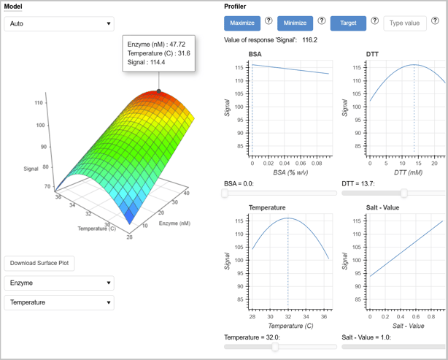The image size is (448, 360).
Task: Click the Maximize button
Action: (242, 23)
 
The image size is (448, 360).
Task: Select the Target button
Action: (348, 23)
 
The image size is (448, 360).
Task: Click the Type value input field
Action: (404, 23)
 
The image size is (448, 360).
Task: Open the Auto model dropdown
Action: (59, 24)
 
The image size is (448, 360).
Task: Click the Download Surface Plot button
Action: (39, 264)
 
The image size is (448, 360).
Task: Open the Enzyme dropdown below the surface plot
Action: (59, 283)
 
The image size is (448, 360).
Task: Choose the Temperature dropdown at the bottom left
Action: (59, 302)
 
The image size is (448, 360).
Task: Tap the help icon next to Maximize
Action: (269, 20)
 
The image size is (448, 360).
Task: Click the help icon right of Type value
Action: (435, 20)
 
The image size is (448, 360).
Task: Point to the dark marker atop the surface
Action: (159, 91)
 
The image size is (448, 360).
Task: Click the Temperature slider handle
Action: (275, 347)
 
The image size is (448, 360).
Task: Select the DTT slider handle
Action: (404, 194)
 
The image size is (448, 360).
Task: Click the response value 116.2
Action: (309, 40)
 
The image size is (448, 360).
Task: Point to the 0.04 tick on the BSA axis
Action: (285, 164)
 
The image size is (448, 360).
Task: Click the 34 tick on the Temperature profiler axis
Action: (306, 317)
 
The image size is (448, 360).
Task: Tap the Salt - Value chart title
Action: (382, 207)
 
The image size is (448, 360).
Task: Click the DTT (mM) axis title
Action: (409, 172)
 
